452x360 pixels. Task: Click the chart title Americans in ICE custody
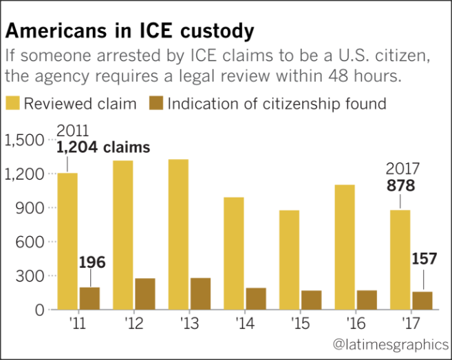[131, 32]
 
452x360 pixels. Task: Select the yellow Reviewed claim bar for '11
[67, 241]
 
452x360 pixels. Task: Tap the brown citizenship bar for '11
[89, 298]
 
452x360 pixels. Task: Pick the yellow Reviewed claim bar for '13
[178, 234]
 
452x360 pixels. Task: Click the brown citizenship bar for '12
[145, 294]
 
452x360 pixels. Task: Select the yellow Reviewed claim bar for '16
[345, 247]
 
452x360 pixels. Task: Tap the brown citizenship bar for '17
[422, 301]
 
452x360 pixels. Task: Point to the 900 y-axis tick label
[31, 208]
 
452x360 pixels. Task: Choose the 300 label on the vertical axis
[31, 276]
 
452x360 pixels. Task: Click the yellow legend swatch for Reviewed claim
[13, 104]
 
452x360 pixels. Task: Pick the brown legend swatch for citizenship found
[155, 104]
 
